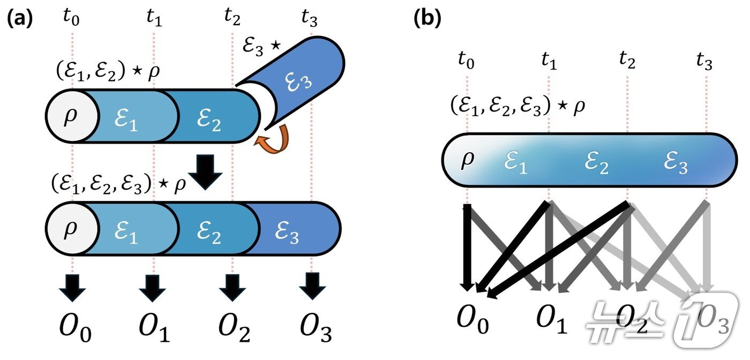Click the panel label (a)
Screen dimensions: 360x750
coord(20,19)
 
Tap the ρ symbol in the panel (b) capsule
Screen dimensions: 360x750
coord(468,160)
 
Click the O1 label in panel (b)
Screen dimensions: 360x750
coord(552,320)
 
